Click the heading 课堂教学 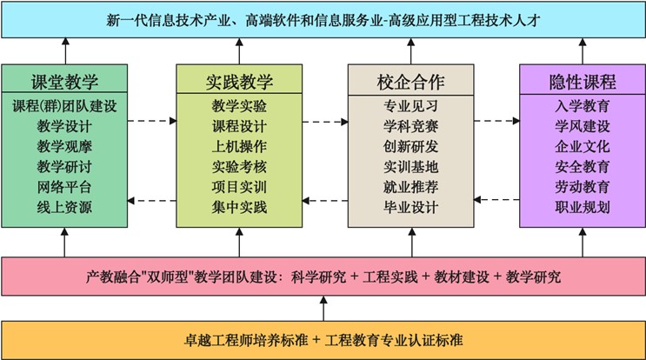click(x=64, y=82)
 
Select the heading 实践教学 click(x=239, y=82)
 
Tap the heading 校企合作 click(x=410, y=82)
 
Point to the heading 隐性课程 click(x=583, y=82)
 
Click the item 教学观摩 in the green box click(x=64, y=146)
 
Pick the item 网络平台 click(x=64, y=187)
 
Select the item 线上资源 click(x=64, y=207)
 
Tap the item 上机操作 click(x=239, y=146)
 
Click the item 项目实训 click(x=239, y=187)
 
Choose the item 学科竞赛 click(x=410, y=126)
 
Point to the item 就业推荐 click(x=410, y=187)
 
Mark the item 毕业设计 click(x=410, y=207)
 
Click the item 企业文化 click(x=583, y=146)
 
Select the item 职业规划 click(x=583, y=207)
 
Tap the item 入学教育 click(x=583, y=106)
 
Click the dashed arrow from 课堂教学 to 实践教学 click(x=152, y=121)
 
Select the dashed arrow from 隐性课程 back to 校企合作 click(x=496, y=200)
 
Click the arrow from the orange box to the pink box click(x=323, y=308)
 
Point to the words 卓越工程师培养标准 click(x=246, y=340)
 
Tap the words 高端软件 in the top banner click(x=273, y=20)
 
